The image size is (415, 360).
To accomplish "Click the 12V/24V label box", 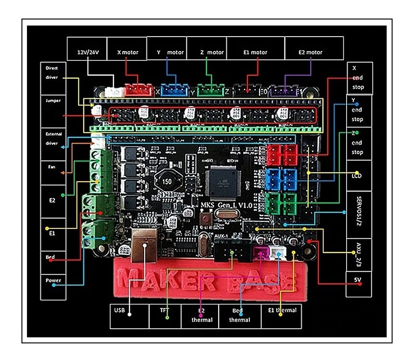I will pyautogui.click(x=86, y=48).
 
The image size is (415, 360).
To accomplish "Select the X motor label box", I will pyautogui.click(x=127, y=48).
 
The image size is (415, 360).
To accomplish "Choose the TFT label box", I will pyautogui.click(x=165, y=316).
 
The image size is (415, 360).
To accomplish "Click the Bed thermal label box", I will pyautogui.click(x=240, y=316).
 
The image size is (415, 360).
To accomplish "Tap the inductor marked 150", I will pyautogui.click(x=167, y=182).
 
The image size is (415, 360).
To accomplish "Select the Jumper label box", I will pyautogui.click(x=53, y=111).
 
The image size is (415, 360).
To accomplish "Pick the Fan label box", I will pyautogui.click(x=53, y=172).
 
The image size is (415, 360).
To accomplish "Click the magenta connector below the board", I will pyautogui.click(x=261, y=253).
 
